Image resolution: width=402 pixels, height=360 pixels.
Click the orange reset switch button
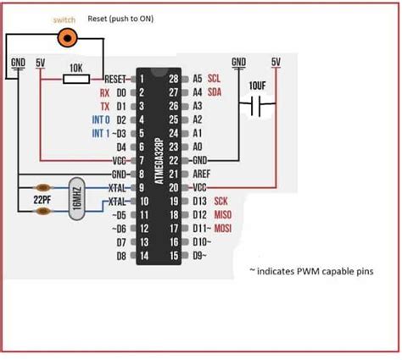pyautogui.click(x=64, y=36)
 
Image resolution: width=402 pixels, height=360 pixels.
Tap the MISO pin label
pyautogui.click(x=224, y=214)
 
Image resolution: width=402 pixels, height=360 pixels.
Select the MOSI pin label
pyautogui.click(x=225, y=228)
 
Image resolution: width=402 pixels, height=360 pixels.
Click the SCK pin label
pyautogui.click(x=221, y=201)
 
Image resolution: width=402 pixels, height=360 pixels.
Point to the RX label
pyautogui.click(x=103, y=92)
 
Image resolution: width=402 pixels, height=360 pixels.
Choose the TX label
pyautogui.click(x=103, y=106)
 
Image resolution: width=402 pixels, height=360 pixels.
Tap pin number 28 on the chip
pyautogui.click(x=175, y=78)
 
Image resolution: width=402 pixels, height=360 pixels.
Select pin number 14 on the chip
pyautogui.click(x=145, y=255)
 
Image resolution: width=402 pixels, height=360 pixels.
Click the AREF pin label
pyautogui.click(x=201, y=174)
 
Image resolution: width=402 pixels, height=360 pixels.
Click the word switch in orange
pyautogui.click(x=64, y=19)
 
